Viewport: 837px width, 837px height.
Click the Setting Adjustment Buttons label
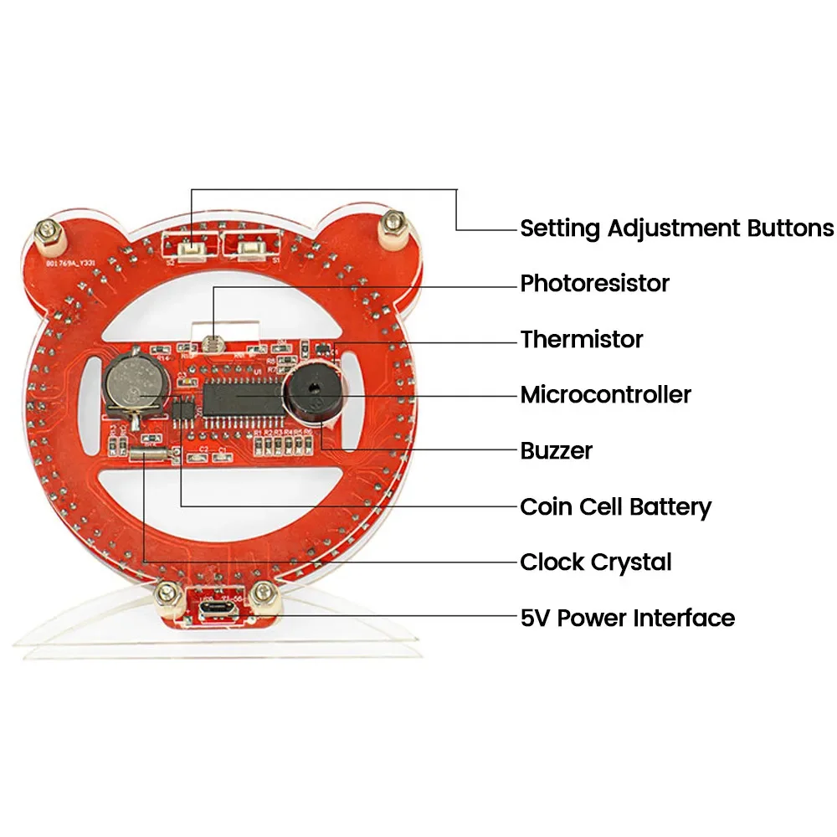pyautogui.click(x=676, y=228)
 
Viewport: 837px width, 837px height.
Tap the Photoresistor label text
pyautogui.click(x=594, y=284)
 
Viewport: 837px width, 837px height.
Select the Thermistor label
pyautogui.click(x=581, y=340)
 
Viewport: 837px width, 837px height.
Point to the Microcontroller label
pyautogui.click(x=605, y=394)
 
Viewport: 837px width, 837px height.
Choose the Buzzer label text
pyautogui.click(x=556, y=451)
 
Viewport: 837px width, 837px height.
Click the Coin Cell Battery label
pyautogui.click(x=615, y=506)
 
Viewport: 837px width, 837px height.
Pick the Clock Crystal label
pyautogui.click(x=595, y=562)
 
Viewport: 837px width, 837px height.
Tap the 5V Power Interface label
pyautogui.click(x=627, y=619)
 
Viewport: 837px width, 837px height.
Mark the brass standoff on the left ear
pyautogui.click(x=50, y=235)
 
